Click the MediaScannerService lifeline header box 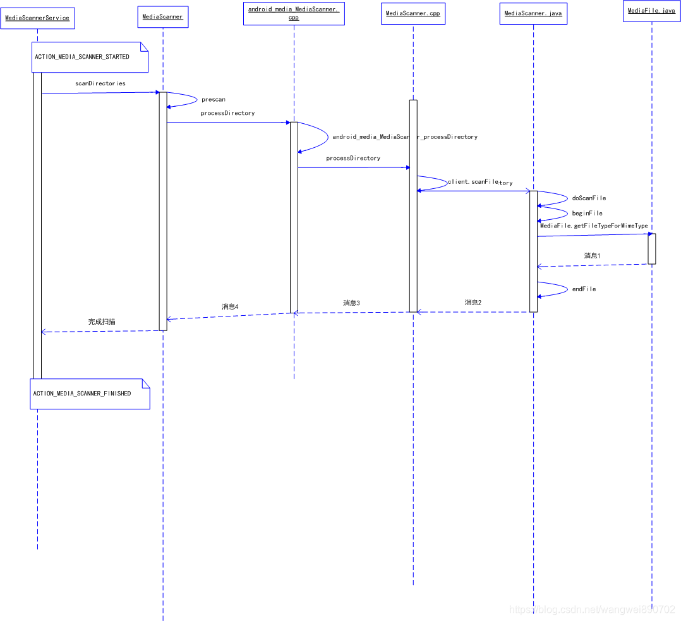[37, 18]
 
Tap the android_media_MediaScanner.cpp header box [294, 13]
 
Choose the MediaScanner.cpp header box [413, 14]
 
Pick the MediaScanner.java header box [533, 14]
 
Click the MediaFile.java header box [651, 11]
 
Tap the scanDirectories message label [100, 83]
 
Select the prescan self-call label [214, 100]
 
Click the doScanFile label [589, 198]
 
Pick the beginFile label [587, 214]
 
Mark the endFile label [584, 289]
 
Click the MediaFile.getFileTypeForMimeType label [594, 226]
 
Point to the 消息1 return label [592, 256]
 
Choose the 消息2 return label [473, 303]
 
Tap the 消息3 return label [351, 303]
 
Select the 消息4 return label [229, 307]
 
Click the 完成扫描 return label [102, 322]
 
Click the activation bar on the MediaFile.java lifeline [651, 249]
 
